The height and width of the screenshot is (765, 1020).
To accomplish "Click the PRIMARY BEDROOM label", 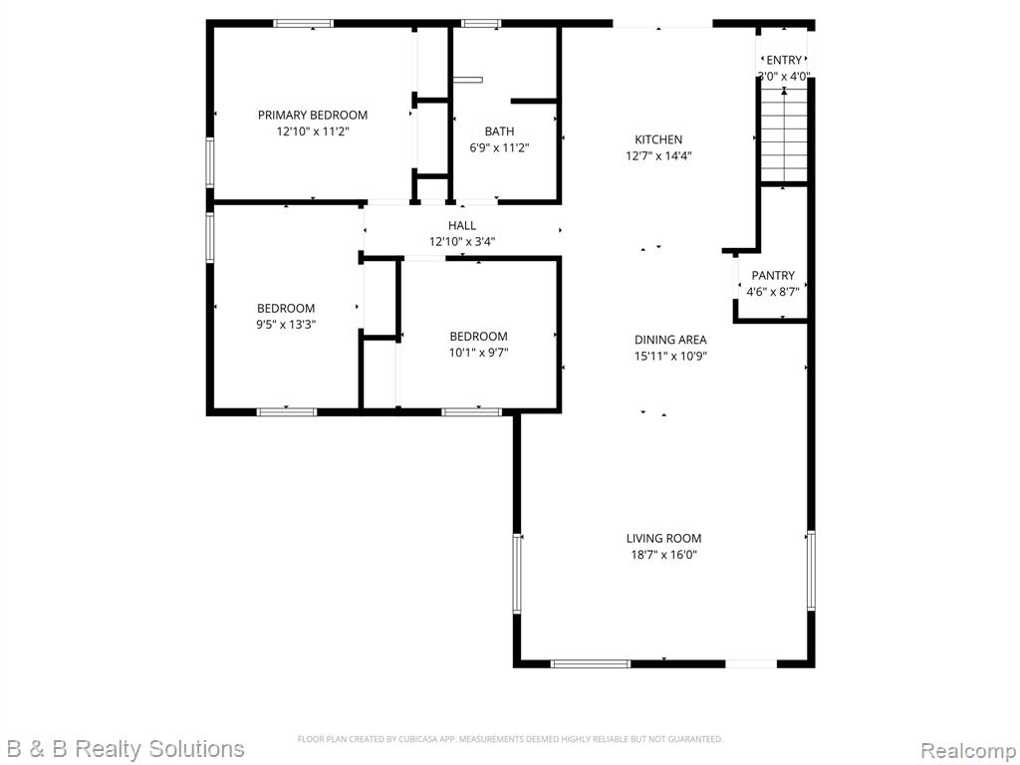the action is point(312,116).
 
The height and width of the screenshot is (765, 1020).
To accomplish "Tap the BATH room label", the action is point(499,131).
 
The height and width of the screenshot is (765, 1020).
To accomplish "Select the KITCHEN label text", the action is point(658,139).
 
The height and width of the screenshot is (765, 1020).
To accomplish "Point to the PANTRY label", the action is point(773,275).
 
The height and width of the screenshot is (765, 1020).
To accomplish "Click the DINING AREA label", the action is point(670,340).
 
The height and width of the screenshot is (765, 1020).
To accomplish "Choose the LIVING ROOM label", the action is point(663,538).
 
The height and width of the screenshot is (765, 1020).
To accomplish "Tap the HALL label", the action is point(462,226).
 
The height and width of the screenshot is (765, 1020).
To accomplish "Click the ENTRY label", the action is point(784,60).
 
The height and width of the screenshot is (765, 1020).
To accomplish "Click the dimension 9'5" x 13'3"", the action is point(286,324).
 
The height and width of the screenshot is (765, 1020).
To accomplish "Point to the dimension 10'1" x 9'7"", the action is point(478,353).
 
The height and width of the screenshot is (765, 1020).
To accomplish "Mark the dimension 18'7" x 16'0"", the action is point(663,555).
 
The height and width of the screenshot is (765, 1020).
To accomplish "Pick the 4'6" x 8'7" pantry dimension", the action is point(773,292).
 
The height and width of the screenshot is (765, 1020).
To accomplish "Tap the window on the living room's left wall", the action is point(517,573).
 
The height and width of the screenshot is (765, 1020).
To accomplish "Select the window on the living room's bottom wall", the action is point(591,663).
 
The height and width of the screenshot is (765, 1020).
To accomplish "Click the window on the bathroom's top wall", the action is point(481,24).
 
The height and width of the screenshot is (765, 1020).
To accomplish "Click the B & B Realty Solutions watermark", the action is point(126,749).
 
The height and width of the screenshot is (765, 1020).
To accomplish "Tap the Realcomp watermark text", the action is point(967,750).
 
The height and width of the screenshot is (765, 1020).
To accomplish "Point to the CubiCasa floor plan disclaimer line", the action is point(510,739).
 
